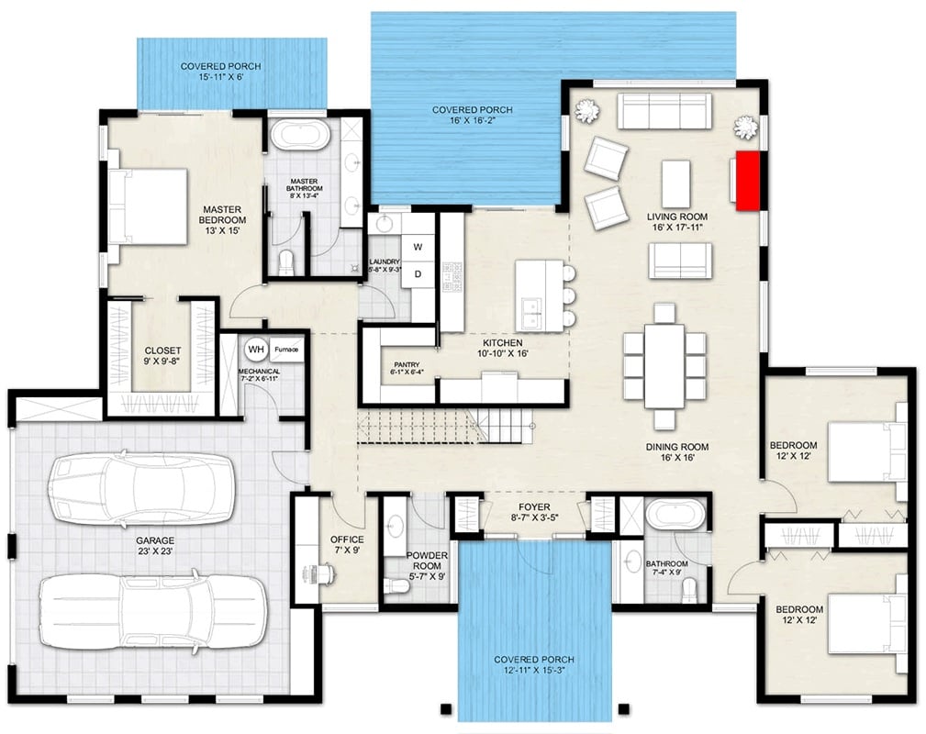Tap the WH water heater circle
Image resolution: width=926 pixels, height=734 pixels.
(x=255, y=350)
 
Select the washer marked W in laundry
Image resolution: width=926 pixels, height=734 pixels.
(x=417, y=247)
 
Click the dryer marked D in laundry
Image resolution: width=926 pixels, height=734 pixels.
(x=417, y=273)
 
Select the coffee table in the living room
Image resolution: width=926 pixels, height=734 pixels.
(x=675, y=183)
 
